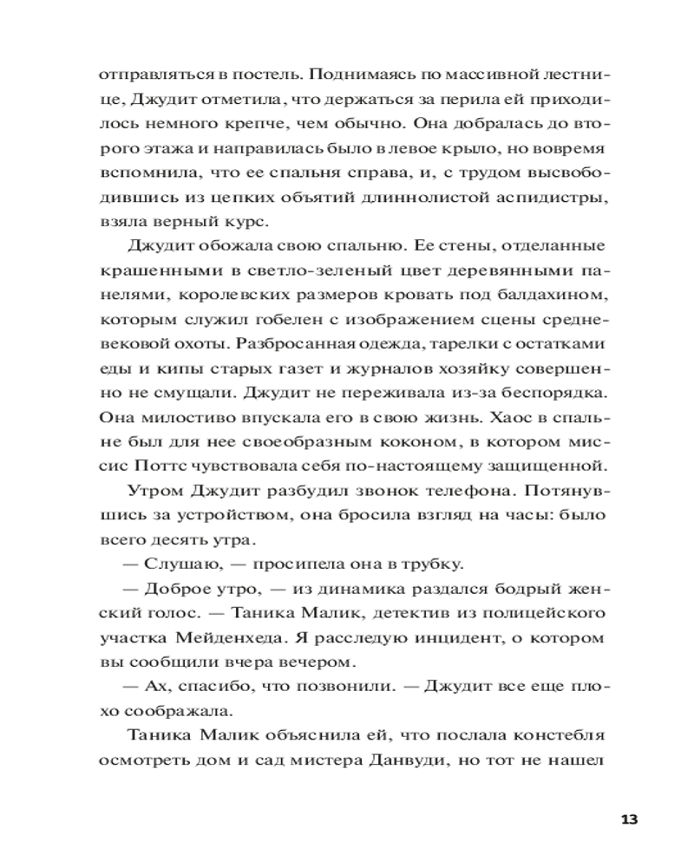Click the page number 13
[x=630, y=819]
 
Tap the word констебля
[x=553, y=736]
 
